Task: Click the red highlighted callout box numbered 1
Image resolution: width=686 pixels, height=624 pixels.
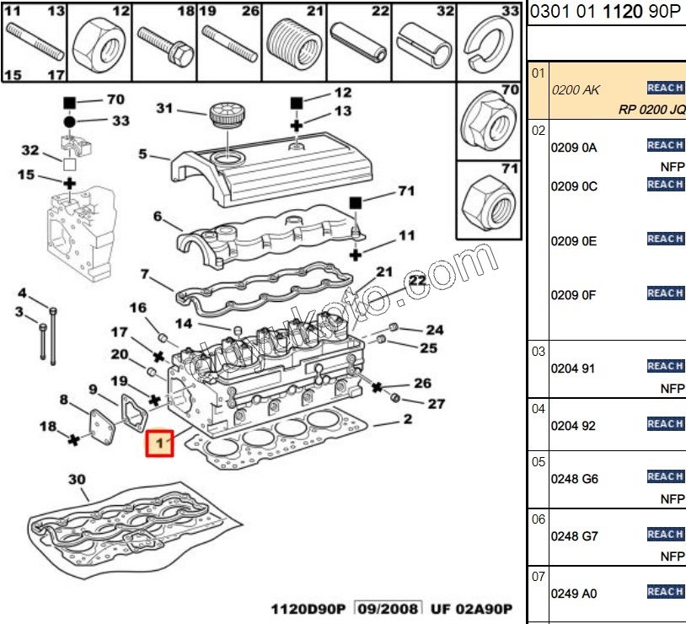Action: pyautogui.click(x=159, y=444)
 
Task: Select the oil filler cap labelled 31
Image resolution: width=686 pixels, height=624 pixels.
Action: pyautogui.click(x=223, y=116)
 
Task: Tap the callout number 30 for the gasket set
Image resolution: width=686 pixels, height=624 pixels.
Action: pyautogui.click(x=77, y=480)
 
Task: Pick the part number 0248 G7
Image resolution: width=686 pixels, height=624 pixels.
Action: pyautogui.click(x=574, y=536)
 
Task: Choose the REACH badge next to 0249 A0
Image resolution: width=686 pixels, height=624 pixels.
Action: pyautogui.click(x=664, y=592)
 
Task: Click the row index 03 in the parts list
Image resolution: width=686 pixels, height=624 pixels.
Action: pyautogui.click(x=539, y=352)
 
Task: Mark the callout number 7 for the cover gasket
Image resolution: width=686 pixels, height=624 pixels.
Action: pyautogui.click(x=145, y=274)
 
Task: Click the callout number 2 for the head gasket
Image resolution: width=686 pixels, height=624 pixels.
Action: pyautogui.click(x=407, y=418)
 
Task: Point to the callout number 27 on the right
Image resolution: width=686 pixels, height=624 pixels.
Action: pyautogui.click(x=436, y=404)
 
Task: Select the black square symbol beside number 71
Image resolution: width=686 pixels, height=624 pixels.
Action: pyautogui.click(x=356, y=202)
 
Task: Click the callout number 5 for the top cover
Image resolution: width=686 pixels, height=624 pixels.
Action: pyautogui.click(x=142, y=154)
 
